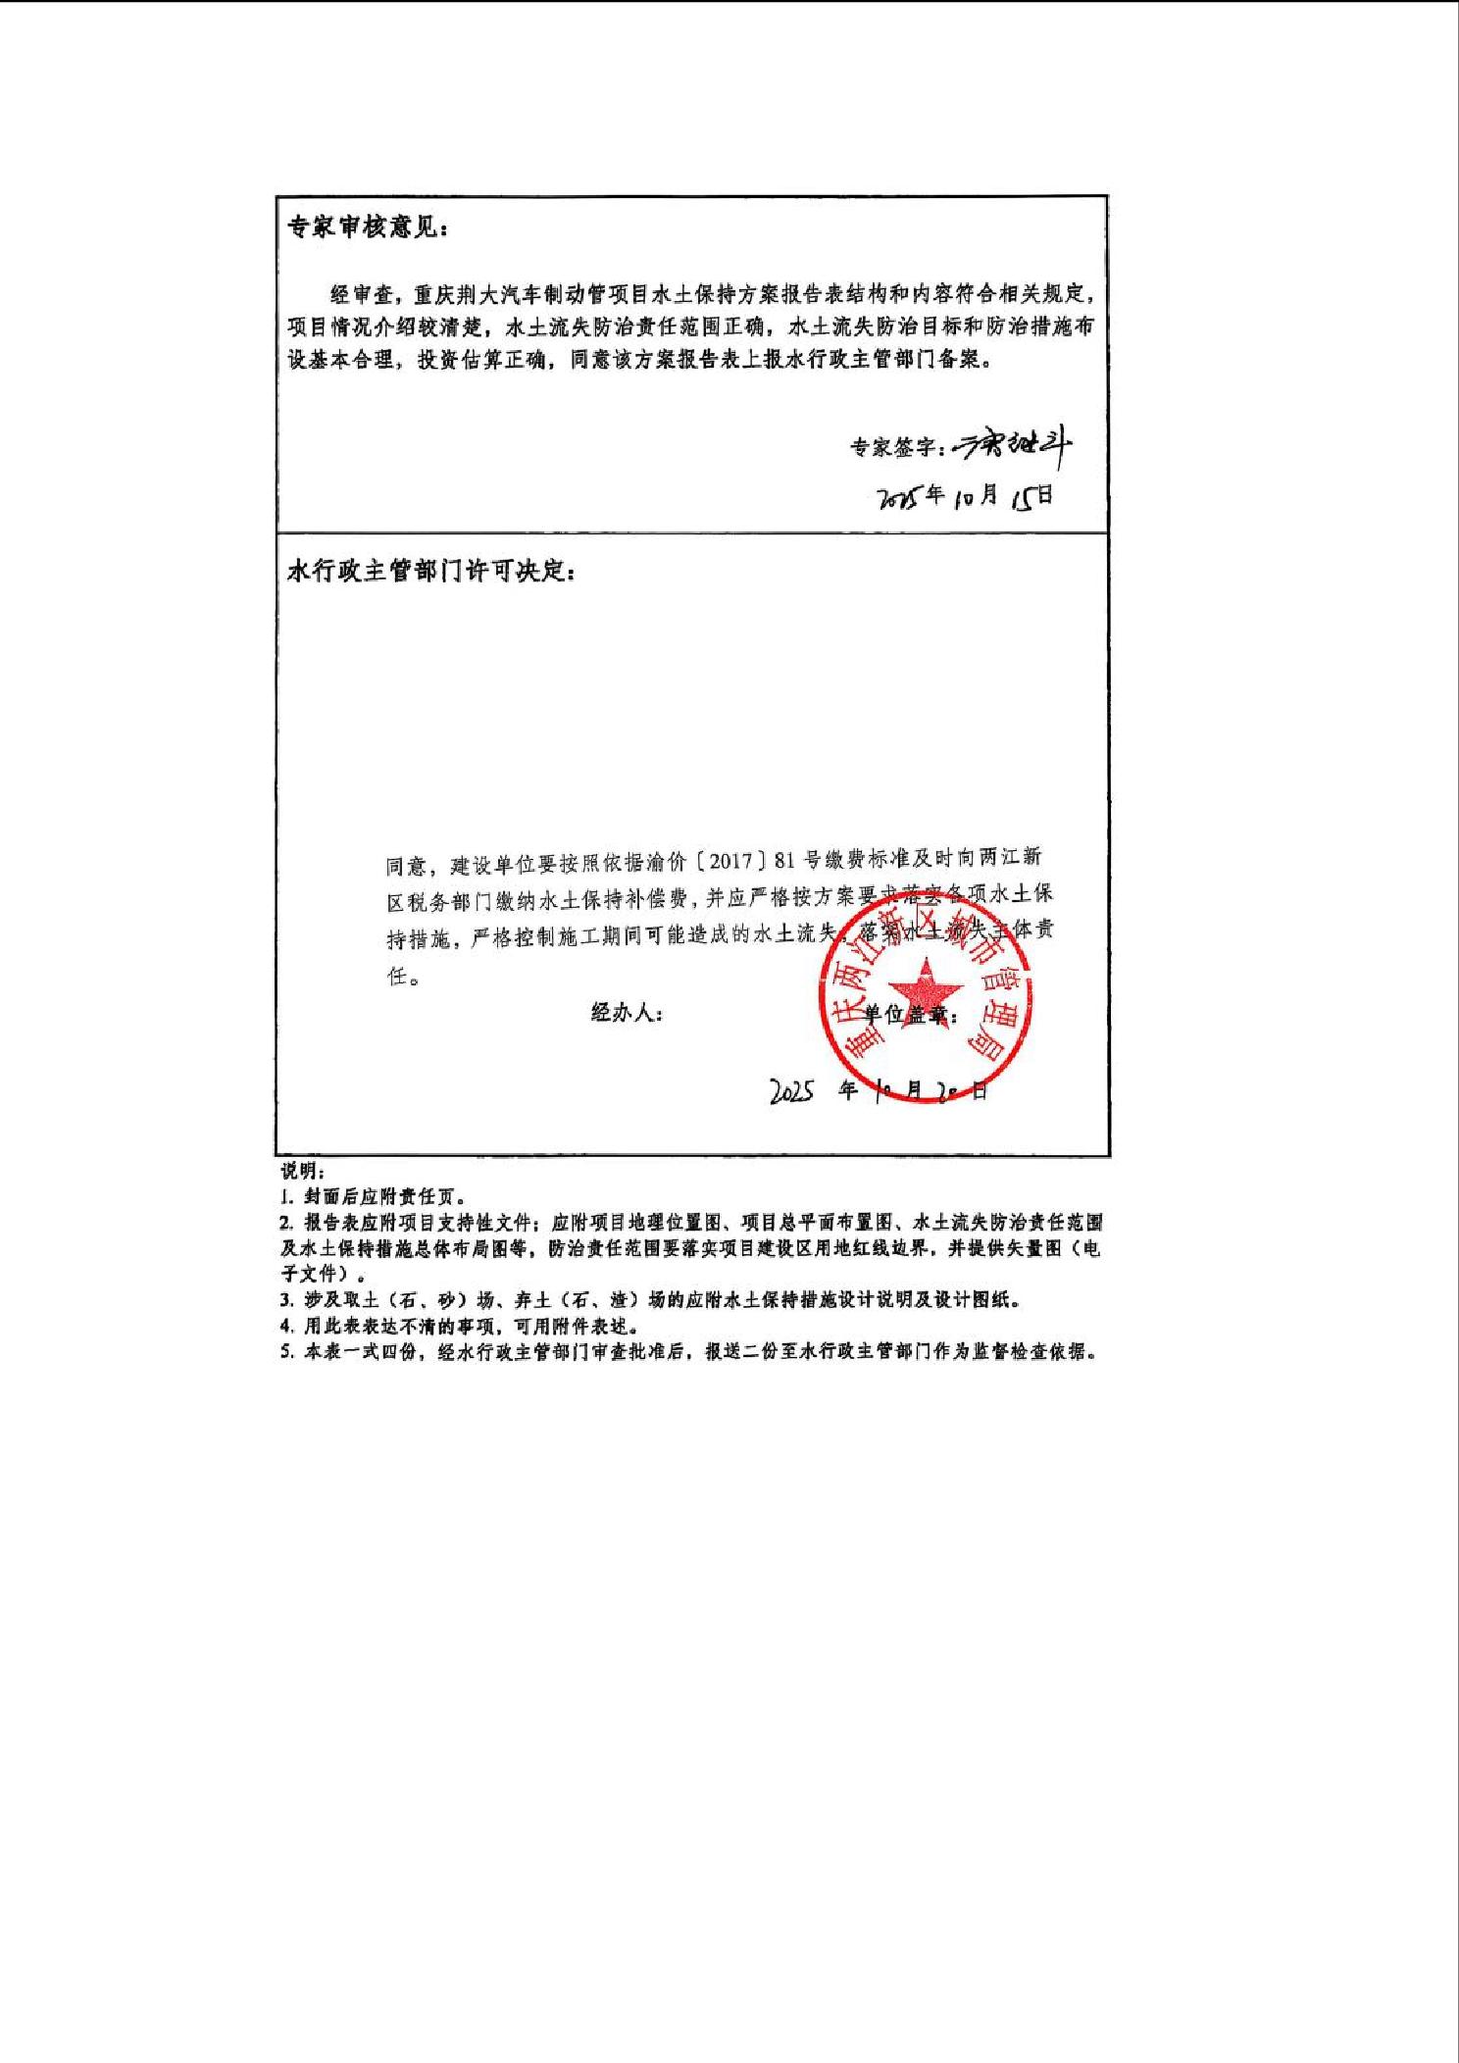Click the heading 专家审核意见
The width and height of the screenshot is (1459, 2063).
367,227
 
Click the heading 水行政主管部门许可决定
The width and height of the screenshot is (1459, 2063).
430,571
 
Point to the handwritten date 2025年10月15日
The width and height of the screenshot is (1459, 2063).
967,496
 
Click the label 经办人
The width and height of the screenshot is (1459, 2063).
627,1013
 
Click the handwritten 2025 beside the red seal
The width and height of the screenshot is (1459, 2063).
791,1090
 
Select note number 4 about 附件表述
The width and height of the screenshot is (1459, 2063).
460,1326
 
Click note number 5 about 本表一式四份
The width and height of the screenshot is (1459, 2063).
686,1351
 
